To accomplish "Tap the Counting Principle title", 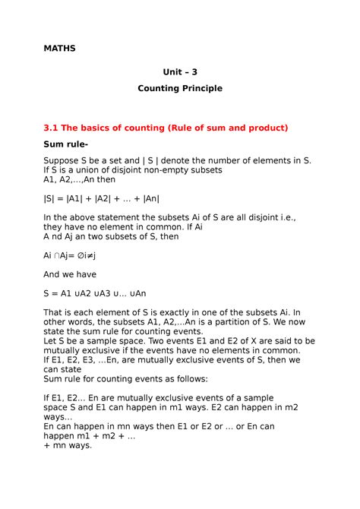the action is point(179,89).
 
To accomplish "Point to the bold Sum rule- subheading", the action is point(67,144).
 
